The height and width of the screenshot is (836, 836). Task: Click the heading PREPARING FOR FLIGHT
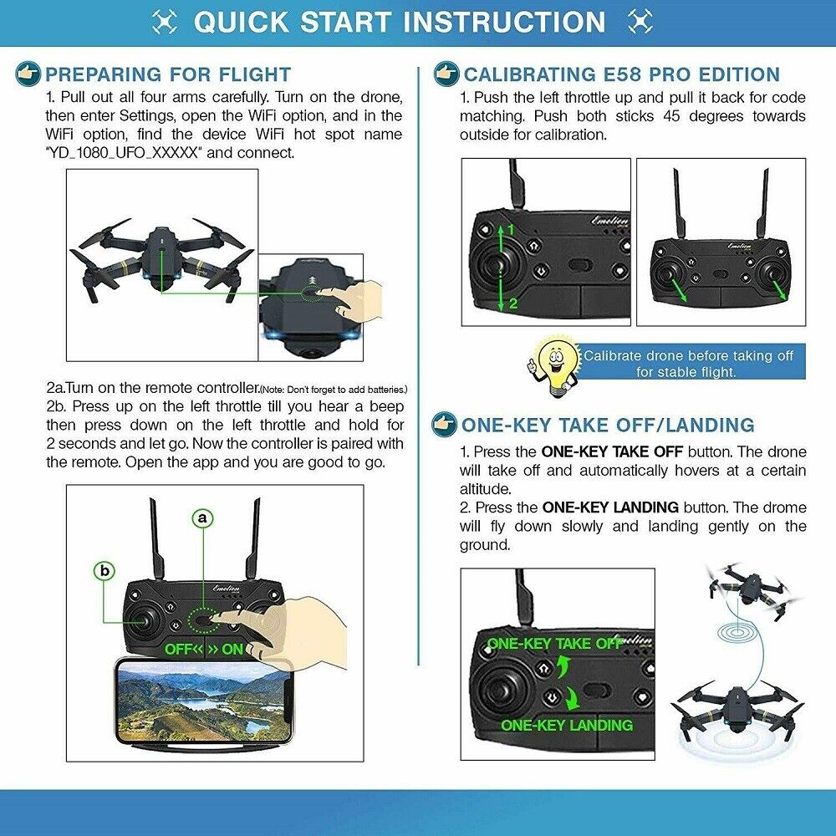(167, 74)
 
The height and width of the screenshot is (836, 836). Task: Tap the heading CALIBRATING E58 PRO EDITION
(621, 74)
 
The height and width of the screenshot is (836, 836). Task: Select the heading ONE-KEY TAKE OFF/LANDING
(608, 425)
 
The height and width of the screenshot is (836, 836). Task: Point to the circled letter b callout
(104, 571)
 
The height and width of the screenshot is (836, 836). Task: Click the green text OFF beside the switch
(180, 649)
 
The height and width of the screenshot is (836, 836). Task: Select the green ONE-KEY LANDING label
(567, 725)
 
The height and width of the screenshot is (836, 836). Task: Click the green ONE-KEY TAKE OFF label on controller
(555, 643)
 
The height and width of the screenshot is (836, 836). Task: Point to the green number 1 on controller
(511, 228)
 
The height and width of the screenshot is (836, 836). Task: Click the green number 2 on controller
(513, 303)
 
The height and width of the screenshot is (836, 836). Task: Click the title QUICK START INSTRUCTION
(400, 22)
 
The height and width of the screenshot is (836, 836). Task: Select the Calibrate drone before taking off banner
(688, 363)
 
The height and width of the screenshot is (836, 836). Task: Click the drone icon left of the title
(165, 22)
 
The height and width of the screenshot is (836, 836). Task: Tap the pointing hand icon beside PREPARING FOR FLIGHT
(28, 74)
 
